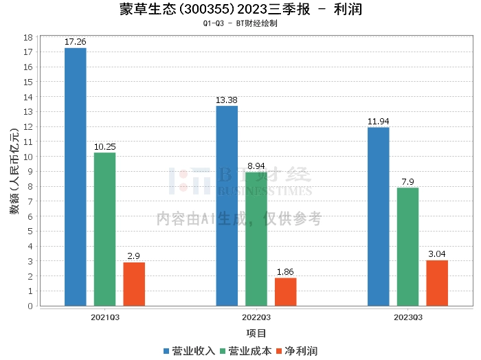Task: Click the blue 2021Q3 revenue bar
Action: pos(75,177)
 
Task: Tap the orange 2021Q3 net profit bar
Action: pos(134,284)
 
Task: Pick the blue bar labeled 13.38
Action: pos(227,205)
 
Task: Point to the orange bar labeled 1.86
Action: pos(285,291)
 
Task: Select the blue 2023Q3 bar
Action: pos(378,216)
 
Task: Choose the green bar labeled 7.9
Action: pos(407,247)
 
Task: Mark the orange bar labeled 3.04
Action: pos(437,283)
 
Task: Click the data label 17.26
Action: pos(75,42)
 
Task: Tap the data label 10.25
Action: pos(104,147)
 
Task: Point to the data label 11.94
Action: pos(378,122)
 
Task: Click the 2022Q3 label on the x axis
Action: pos(256,317)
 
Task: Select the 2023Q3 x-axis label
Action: pos(407,317)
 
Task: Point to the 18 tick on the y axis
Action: pos(30,37)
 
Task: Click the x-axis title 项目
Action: pos(256,333)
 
